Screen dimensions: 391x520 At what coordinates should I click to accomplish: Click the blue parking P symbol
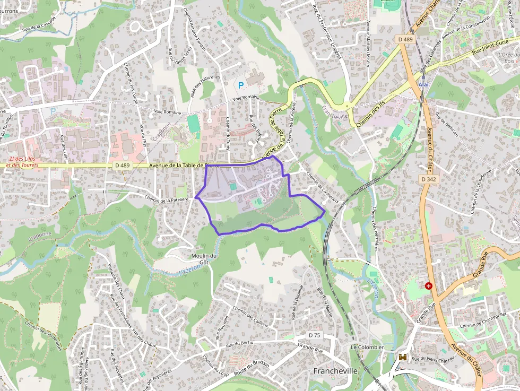coord(240,85)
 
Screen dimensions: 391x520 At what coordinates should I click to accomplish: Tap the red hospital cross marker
coord(429,286)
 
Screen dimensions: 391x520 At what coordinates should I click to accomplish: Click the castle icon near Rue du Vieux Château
coord(403,357)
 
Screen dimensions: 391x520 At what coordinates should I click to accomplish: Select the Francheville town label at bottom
coord(335,371)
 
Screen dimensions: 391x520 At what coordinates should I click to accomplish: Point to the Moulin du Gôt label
coord(201,259)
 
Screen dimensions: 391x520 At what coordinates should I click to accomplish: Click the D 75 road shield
coord(315,335)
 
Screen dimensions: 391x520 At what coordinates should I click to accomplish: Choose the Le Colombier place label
coord(367,347)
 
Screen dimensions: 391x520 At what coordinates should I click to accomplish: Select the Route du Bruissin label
coord(252,370)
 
